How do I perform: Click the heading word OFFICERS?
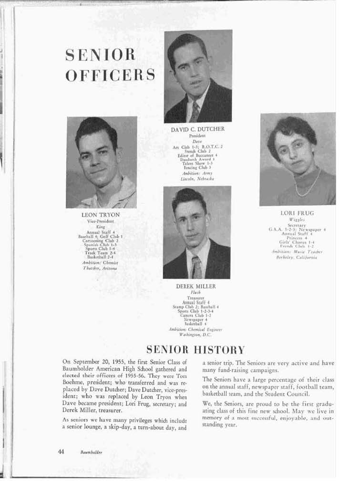110,75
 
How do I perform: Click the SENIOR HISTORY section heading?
195,350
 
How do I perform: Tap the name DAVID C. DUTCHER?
197,129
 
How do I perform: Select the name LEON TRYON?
101,215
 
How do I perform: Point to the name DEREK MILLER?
196,286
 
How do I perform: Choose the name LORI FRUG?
298,213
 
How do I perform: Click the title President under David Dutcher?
197,136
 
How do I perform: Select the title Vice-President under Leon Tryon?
100,222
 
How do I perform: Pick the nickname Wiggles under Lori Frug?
297,220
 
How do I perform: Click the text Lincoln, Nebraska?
197,178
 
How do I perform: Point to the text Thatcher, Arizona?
100,268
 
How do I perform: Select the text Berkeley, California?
297,257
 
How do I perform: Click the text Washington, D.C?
195,335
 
